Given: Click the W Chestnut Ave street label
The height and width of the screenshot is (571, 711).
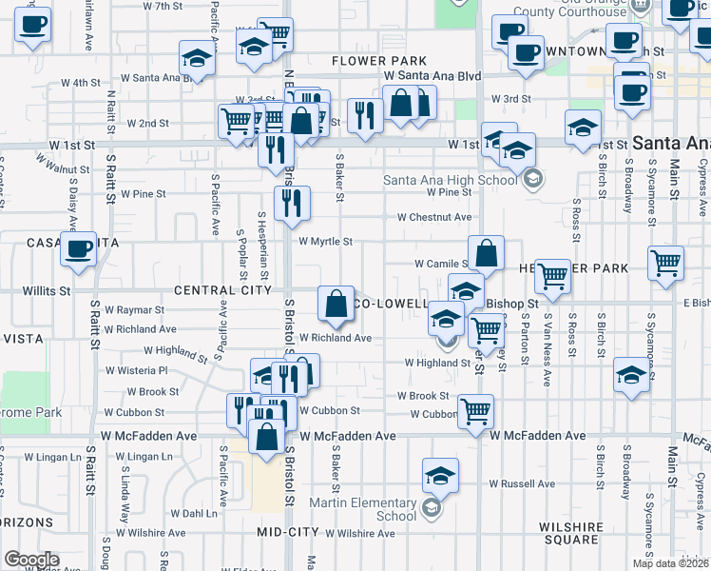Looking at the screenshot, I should pyautogui.click(x=434, y=217).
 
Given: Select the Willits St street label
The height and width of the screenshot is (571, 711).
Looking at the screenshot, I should pyautogui.click(x=47, y=290).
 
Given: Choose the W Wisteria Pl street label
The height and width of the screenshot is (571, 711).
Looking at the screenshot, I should pyautogui.click(x=136, y=370).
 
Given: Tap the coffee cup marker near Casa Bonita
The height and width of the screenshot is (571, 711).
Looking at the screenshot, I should pyautogui.click(x=78, y=250).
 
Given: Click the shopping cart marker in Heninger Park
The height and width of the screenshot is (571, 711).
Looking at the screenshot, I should pyautogui.click(x=552, y=277).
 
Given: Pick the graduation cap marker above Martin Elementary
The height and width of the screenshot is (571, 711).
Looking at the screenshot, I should pyautogui.click(x=440, y=476).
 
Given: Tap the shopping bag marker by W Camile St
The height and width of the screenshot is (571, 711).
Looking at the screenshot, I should pyautogui.click(x=486, y=254).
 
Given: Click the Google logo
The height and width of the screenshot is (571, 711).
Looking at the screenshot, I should pyautogui.click(x=31, y=560).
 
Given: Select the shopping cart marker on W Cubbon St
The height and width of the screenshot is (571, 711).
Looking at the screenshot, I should pyautogui.click(x=474, y=411).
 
